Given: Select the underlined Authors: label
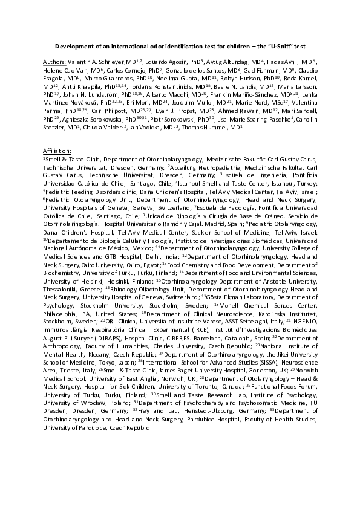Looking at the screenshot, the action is pos(55,61).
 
